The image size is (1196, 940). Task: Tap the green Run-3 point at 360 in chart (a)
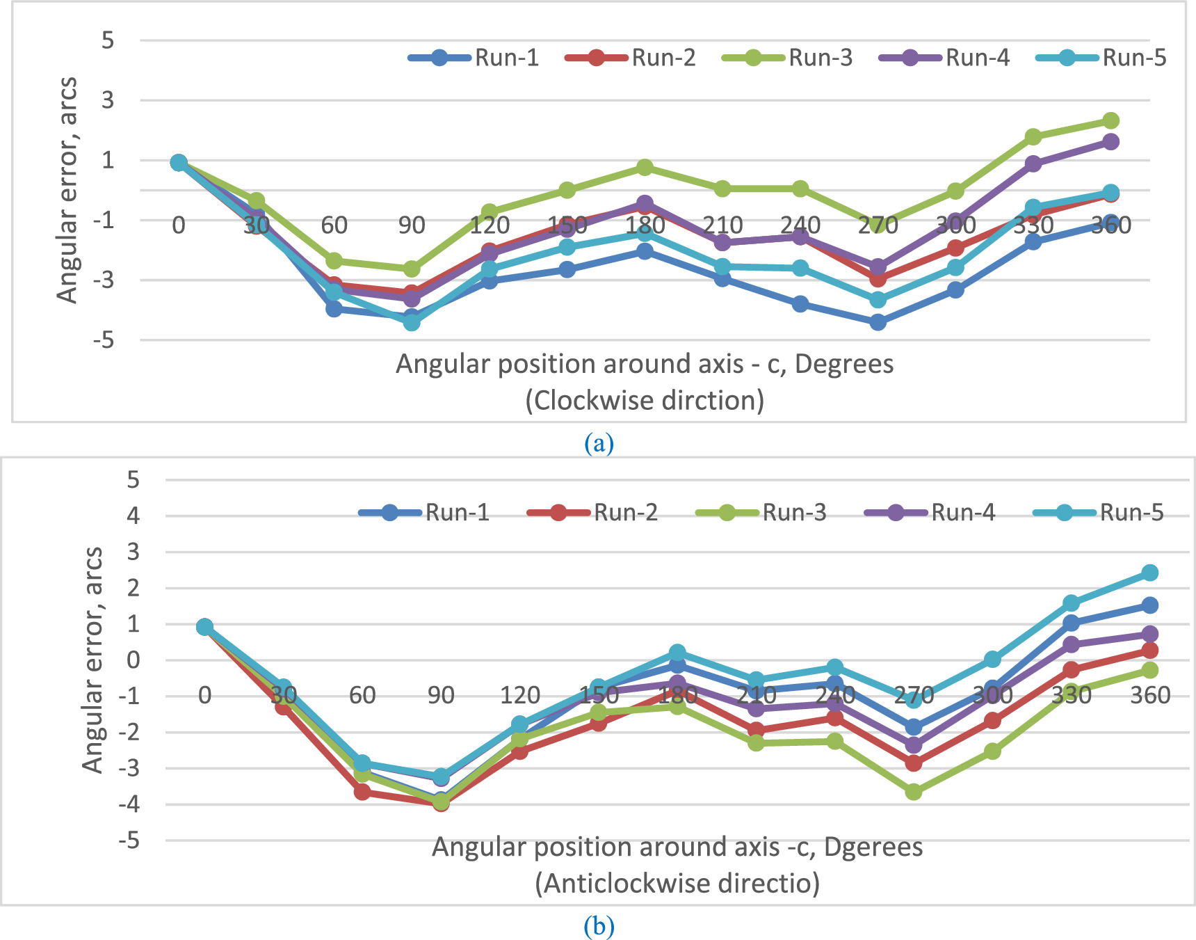(1110, 121)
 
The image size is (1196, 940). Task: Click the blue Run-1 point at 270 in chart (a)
(878, 322)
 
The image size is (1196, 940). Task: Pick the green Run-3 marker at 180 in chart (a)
(645, 167)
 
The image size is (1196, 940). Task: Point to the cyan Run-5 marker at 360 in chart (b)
(1150, 573)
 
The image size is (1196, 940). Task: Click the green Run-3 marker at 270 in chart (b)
(914, 792)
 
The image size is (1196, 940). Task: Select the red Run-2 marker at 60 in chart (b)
(362, 792)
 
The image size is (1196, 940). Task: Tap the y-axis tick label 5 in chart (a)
(107, 40)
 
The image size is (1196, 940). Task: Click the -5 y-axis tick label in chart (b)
(129, 841)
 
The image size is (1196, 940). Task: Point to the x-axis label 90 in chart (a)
(412, 225)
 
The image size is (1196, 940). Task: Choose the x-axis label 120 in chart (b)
(520, 695)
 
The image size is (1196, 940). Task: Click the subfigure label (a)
(599, 443)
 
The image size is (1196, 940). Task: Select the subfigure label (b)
(599, 926)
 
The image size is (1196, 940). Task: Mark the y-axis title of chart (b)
(92, 660)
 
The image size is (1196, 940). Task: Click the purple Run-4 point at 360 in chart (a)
(1110, 142)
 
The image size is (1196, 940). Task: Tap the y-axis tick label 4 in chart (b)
(133, 516)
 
